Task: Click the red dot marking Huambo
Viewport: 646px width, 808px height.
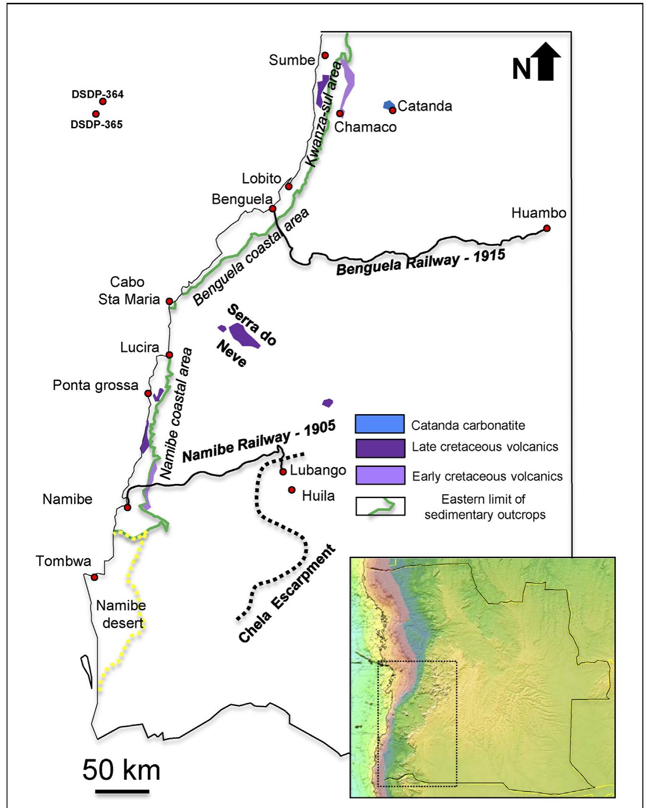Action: coord(546,228)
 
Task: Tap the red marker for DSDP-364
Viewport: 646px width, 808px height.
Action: coord(103,101)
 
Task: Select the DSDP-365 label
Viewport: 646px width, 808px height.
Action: coord(97,125)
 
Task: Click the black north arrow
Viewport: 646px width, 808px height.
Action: coord(545,62)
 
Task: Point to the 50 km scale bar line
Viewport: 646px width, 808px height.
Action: coord(122,791)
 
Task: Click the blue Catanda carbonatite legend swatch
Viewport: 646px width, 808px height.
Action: coord(379,424)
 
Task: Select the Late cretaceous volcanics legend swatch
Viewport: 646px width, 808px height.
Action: coord(379,448)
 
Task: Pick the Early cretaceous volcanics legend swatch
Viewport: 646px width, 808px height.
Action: coord(379,475)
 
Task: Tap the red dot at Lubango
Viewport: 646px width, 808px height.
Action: coord(283,472)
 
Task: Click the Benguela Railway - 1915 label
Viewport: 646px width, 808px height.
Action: coord(420,263)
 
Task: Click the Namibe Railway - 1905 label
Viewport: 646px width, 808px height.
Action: coord(259,441)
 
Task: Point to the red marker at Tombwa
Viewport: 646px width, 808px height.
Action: coord(94,577)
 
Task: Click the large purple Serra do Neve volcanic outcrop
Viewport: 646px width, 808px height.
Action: coord(244,335)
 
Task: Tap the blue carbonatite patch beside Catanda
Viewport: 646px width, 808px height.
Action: coord(388,105)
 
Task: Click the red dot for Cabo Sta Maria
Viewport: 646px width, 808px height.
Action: coord(169,301)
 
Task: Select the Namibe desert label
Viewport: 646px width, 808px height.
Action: coord(121,614)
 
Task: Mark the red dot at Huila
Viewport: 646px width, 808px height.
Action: coord(292,490)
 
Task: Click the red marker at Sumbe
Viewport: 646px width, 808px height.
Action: coord(325,55)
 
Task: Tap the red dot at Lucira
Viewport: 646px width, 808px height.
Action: coord(169,355)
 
